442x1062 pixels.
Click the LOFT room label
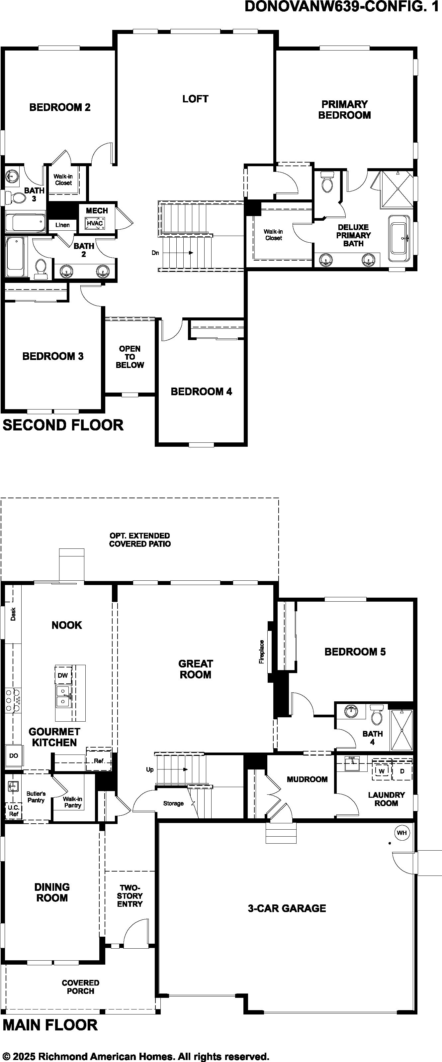pyautogui.click(x=195, y=99)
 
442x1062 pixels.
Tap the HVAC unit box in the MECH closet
pyautogui.click(x=95, y=223)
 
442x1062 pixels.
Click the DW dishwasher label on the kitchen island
pyautogui.click(x=63, y=676)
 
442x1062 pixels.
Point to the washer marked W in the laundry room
pyautogui.click(x=382, y=771)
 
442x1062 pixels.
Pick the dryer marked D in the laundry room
pyautogui.click(x=402, y=771)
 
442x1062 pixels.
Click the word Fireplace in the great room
pyautogui.click(x=262, y=652)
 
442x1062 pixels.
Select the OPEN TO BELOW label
pyautogui.click(x=130, y=357)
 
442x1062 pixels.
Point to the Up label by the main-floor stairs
pyautogui.click(x=150, y=770)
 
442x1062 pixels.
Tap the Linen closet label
pyautogui.click(x=63, y=225)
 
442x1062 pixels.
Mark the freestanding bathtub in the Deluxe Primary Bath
pyautogui.click(x=399, y=238)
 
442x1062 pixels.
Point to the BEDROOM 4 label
pyautogui.click(x=202, y=392)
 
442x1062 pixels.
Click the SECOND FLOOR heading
pyautogui.click(x=63, y=425)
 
